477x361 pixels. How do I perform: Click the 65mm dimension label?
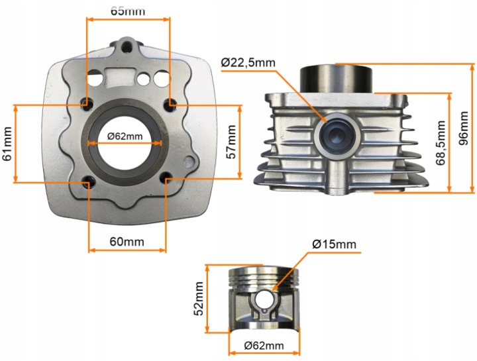point(128,11)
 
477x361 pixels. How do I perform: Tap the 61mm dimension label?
point(7,144)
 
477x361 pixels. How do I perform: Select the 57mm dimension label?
point(231,142)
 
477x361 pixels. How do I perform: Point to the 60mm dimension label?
point(127,242)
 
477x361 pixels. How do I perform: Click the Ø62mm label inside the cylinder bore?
point(125,136)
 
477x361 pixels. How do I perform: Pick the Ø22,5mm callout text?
point(248,63)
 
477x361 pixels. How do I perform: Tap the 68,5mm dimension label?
point(440,143)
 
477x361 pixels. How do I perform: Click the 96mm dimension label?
point(464,129)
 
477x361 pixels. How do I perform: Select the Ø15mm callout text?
point(334,244)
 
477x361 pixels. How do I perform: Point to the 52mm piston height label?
point(199,299)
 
